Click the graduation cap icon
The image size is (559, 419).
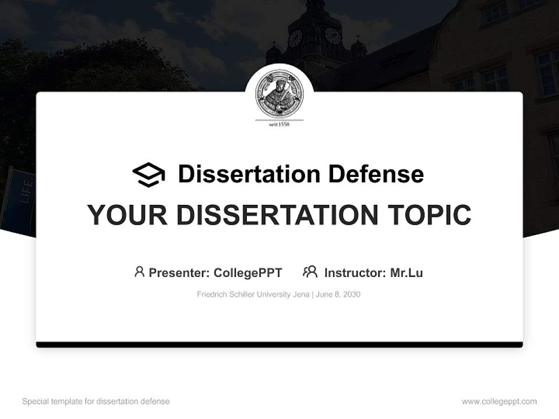[148, 175]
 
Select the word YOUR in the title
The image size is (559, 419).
[126, 215]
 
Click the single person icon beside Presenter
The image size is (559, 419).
[139, 272]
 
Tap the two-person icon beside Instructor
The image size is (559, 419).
[310, 272]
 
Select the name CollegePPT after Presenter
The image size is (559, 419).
[248, 273]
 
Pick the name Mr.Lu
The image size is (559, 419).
[406, 273]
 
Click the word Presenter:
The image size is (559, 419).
[179, 273]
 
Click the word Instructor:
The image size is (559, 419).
[355, 273]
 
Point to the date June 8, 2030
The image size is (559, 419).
[339, 294]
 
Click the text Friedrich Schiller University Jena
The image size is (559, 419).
[253, 294]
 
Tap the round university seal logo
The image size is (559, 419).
[279, 93]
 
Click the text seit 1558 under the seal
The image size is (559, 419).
[279, 124]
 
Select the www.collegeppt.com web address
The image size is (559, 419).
[499, 402]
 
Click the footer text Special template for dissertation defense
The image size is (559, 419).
[96, 402]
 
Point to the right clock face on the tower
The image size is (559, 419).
[332, 35]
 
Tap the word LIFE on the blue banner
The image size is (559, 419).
[26, 191]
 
